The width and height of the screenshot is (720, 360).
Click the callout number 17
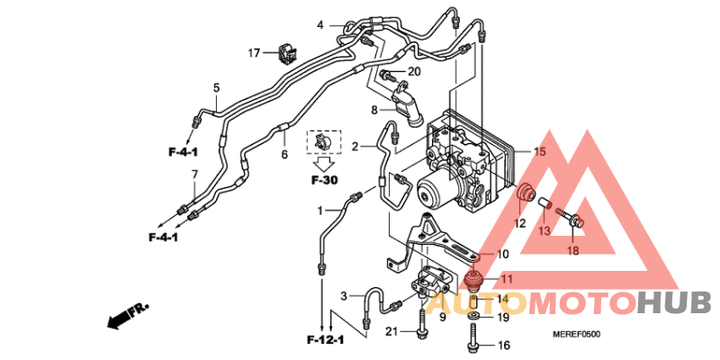tap(255, 52)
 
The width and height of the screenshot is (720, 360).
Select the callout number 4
tap(319, 24)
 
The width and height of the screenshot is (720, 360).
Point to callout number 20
tap(414, 72)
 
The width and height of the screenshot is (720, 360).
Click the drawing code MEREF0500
tap(576, 335)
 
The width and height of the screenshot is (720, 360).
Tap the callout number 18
tap(573, 250)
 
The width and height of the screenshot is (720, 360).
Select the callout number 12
tap(520, 222)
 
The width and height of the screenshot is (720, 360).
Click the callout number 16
tap(503, 345)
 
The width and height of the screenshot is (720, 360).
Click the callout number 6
tap(284, 154)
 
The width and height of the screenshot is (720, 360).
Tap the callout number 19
tap(503, 317)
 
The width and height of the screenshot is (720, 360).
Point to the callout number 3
tap(344, 296)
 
